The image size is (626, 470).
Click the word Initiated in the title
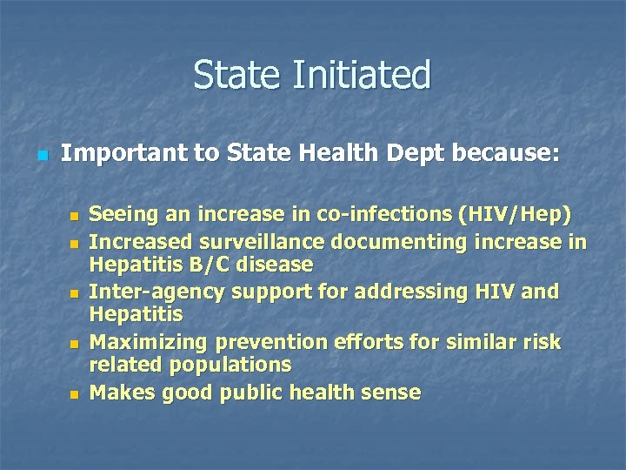point(362,75)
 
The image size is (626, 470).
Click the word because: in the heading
point(505,154)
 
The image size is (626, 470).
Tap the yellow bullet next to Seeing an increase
point(75,216)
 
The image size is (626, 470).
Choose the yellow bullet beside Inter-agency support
point(75,292)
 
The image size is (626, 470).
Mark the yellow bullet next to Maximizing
point(75,344)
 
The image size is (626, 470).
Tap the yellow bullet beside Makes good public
point(75,394)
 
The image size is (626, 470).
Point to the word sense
point(390,393)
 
